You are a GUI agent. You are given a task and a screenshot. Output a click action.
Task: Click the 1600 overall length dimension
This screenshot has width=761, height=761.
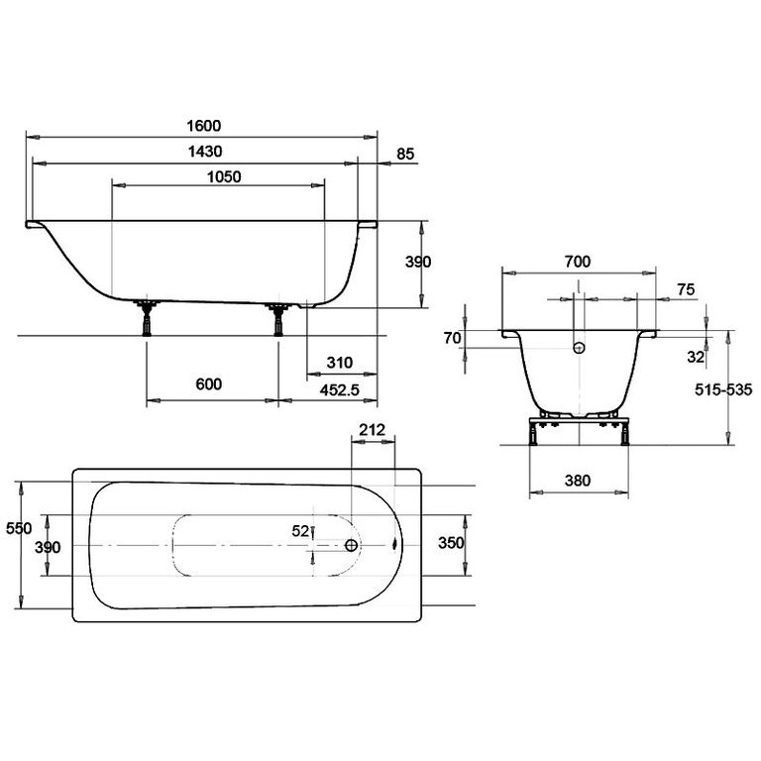click(x=204, y=126)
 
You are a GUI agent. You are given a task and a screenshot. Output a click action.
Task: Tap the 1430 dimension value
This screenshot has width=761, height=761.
click(x=205, y=152)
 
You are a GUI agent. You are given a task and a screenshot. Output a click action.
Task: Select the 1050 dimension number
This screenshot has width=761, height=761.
click(x=224, y=176)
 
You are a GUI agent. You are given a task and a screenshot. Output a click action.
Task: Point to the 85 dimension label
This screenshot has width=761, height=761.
click(x=405, y=154)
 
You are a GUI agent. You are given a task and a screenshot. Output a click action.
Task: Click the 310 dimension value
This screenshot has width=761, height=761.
click(x=339, y=363)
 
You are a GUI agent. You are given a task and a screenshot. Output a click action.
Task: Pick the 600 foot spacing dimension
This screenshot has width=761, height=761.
click(x=209, y=384)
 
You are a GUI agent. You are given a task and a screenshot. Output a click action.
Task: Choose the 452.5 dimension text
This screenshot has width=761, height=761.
click(x=339, y=389)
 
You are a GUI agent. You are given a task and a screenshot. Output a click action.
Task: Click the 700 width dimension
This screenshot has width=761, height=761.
click(x=578, y=262)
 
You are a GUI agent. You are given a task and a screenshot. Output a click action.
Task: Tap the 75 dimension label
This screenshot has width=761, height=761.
click(x=686, y=289)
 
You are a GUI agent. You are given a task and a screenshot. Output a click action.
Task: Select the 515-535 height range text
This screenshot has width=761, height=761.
click(x=723, y=389)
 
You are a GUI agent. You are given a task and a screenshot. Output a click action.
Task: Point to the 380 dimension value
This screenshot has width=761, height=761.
click(x=578, y=481)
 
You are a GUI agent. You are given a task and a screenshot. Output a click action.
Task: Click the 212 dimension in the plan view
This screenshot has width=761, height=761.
click(x=373, y=429)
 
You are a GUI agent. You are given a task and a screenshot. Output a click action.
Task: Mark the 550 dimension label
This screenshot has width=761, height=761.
click(x=19, y=528)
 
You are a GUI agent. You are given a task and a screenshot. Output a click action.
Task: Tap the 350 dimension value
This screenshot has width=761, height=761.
click(x=451, y=543)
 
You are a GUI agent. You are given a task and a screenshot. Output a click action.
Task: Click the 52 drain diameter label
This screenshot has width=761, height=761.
click(x=300, y=531)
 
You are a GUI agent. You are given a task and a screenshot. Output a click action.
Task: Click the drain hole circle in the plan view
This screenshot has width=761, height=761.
click(x=351, y=546)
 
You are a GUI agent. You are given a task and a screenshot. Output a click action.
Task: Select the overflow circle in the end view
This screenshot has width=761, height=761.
click(x=579, y=348)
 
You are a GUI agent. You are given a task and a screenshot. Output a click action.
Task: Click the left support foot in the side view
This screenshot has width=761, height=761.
click(x=146, y=318)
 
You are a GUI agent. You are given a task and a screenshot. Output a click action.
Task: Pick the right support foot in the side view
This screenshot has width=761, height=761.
click(x=278, y=319)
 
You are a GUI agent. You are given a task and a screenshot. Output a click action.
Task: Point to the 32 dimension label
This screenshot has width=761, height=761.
click(x=696, y=357)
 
